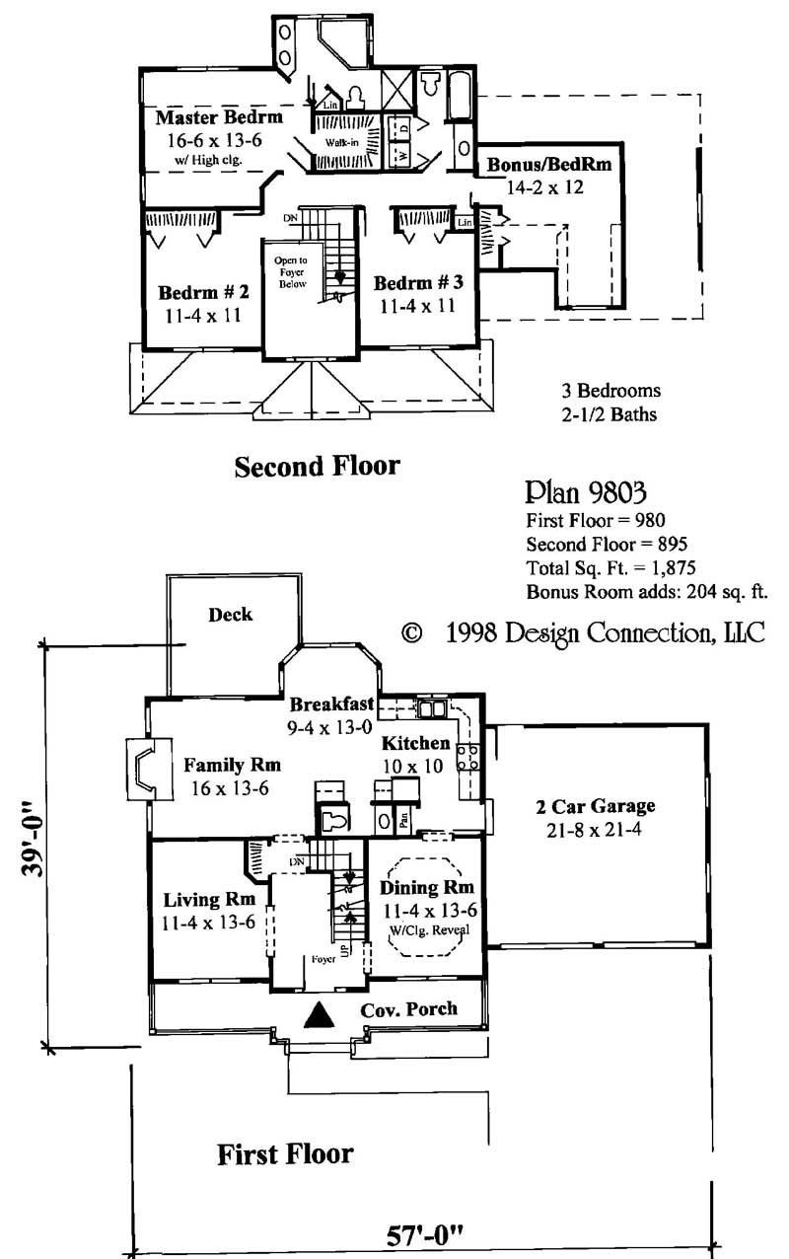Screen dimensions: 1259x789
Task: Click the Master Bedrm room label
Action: click(x=219, y=117)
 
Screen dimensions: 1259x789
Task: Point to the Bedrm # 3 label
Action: click(x=418, y=283)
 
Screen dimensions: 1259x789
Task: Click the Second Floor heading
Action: click(x=317, y=466)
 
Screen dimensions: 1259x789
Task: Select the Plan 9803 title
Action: click(x=586, y=490)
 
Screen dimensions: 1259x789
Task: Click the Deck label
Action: click(x=230, y=615)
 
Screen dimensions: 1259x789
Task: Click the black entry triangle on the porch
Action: click(x=319, y=1015)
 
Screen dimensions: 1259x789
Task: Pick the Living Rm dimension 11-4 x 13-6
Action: click(x=210, y=923)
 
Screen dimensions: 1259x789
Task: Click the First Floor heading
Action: click(x=285, y=1153)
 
